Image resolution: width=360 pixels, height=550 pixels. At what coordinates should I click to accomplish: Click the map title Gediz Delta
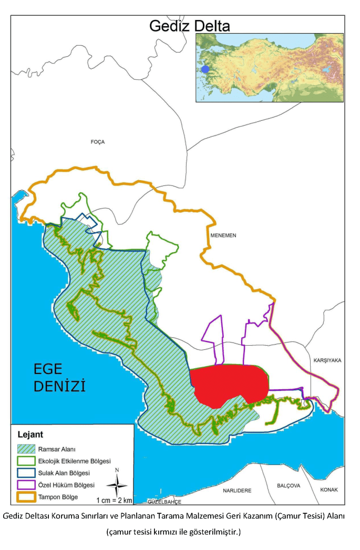[x=190, y=26]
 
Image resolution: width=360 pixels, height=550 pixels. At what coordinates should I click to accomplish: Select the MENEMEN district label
[x=223, y=235]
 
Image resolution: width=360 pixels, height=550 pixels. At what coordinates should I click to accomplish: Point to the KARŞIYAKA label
[x=327, y=360]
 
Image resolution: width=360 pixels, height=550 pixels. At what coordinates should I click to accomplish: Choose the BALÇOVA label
[x=289, y=486]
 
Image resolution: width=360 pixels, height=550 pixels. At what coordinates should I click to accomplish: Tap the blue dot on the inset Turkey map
[x=205, y=69]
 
